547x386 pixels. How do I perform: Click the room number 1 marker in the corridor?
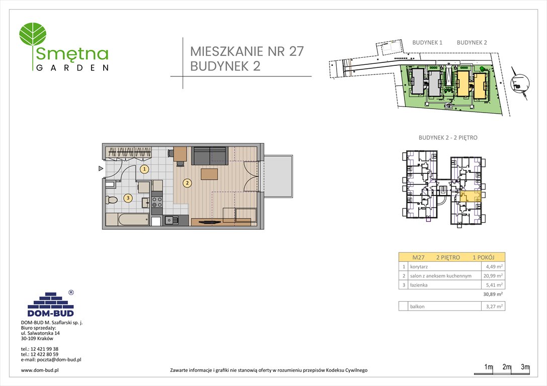click(144, 169)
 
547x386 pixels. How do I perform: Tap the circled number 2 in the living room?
click(187, 183)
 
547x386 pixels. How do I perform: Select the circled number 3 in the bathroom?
click(128, 198)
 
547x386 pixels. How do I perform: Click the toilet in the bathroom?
click(112, 200)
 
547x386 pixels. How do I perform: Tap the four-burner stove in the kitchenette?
click(157, 202)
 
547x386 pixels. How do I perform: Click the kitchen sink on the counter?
click(170, 220)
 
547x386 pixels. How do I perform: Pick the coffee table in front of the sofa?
click(209, 174)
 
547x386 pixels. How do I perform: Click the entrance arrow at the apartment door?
click(101, 169)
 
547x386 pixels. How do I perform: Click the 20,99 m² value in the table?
click(493, 276)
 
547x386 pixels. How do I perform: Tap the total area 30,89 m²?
click(492, 295)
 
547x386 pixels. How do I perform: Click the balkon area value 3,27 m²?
click(493, 306)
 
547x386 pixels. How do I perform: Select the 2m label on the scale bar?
click(507, 367)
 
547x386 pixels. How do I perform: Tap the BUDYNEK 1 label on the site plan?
click(427, 43)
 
